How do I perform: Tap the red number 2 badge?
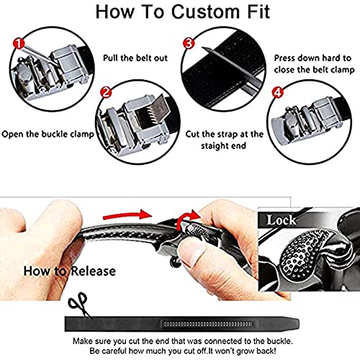point(105,92)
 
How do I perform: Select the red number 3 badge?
point(190,43)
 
